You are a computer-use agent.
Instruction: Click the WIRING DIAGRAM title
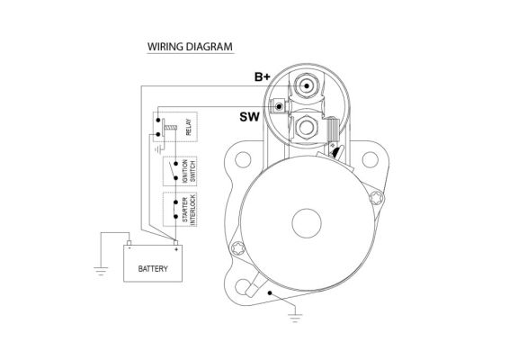[190, 47]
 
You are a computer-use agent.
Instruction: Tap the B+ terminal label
[263, 77]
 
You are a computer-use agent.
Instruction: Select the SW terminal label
[250, 117]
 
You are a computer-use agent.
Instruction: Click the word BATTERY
[153, 269]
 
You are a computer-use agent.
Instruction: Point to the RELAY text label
[188, 127]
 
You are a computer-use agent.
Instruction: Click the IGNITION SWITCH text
[189, 171]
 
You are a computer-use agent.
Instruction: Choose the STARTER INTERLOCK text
[189, 210]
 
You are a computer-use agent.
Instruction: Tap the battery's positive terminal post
[175, 243]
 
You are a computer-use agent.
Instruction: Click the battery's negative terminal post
[129, 243]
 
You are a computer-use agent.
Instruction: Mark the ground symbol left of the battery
[101, 271]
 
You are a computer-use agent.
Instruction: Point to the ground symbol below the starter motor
[295, 318]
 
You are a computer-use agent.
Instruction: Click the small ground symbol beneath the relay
[158, 149]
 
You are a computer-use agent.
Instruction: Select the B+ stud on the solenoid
[306, 85]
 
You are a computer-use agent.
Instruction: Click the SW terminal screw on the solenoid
[279, 106]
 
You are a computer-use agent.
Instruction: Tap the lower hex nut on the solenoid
[306, 128]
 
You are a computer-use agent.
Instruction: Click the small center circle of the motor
[307, 223]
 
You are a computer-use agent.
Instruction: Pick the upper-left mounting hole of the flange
[243, 159]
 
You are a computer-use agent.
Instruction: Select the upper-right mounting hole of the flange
[371, 159]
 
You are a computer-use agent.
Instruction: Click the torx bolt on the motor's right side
[376, 198]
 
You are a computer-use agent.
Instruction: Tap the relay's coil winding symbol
[170, 128]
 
